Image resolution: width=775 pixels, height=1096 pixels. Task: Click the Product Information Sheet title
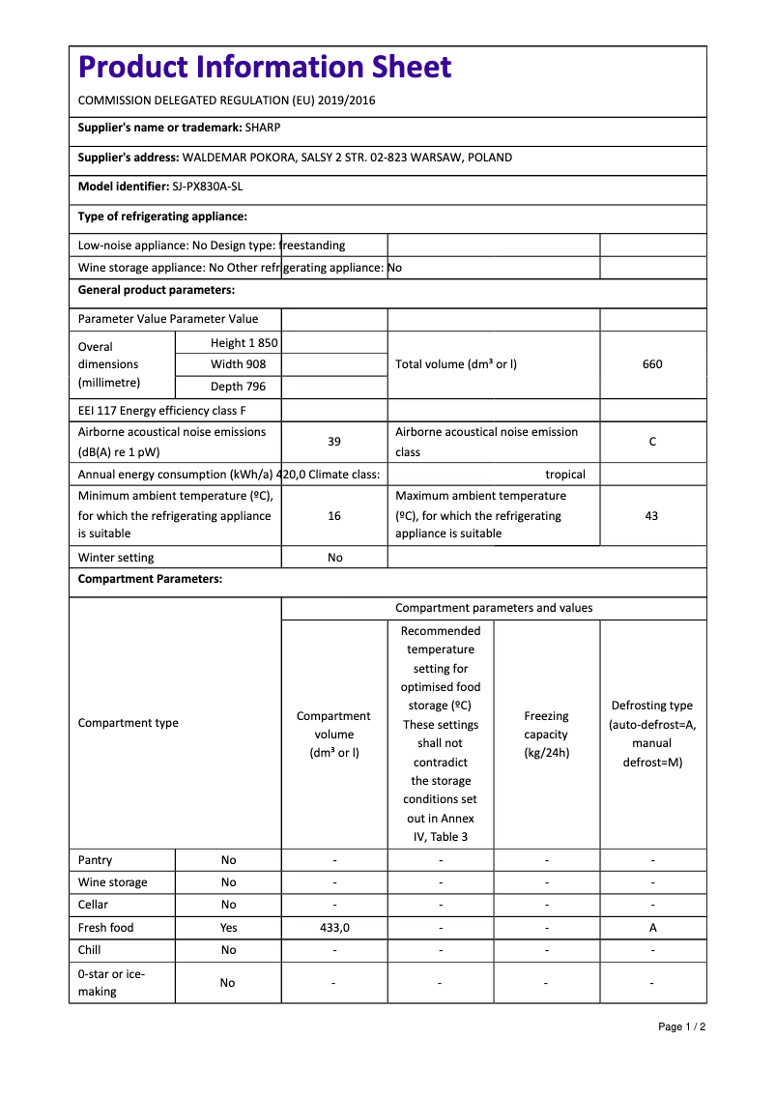(265, 68)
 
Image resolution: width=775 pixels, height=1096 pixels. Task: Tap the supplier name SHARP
(263, 128)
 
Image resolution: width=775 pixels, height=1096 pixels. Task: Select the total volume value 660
(652, 364)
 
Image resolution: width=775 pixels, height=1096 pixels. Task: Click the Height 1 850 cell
(244, 343)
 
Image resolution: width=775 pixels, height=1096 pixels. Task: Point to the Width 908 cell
(238, 364)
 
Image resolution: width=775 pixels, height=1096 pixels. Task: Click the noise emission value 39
(334, 442)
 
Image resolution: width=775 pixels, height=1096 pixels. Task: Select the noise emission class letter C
(652, 442)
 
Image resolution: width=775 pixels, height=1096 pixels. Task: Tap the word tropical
(565, 475)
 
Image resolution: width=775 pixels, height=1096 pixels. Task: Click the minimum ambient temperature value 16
(334, 516)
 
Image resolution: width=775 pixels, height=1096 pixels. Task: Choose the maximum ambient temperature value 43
(651, 516)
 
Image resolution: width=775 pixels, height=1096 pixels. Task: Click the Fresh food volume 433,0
(334, 928)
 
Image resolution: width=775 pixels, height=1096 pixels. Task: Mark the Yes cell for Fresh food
(228, 928)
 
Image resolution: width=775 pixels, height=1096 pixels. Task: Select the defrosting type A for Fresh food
(653, 928)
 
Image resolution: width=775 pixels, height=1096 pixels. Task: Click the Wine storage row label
(113, 882)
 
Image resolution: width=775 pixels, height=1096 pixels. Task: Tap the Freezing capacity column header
(546, 735)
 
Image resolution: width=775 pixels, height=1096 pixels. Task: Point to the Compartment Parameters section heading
(150, 579)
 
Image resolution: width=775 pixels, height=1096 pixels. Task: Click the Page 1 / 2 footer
(681, 1026)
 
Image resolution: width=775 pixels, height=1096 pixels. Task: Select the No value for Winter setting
(334, 558)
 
